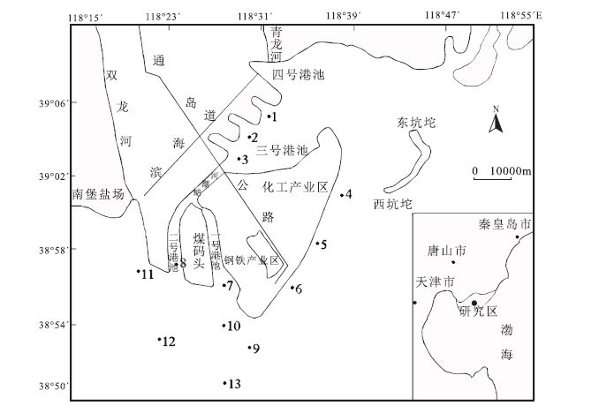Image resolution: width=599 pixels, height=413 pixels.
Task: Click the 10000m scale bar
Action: (x=501, y=179)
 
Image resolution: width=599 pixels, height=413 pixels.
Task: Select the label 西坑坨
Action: (x=393, y=205)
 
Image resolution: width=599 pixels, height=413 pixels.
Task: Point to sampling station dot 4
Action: (x=342, y=195)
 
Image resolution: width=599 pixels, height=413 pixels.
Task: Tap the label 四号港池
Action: (x=298, y=74)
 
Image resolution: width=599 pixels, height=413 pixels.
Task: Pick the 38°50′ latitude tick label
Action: (x=52, y=386)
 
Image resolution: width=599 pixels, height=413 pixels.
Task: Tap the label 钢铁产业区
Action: (x=251, y=260)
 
